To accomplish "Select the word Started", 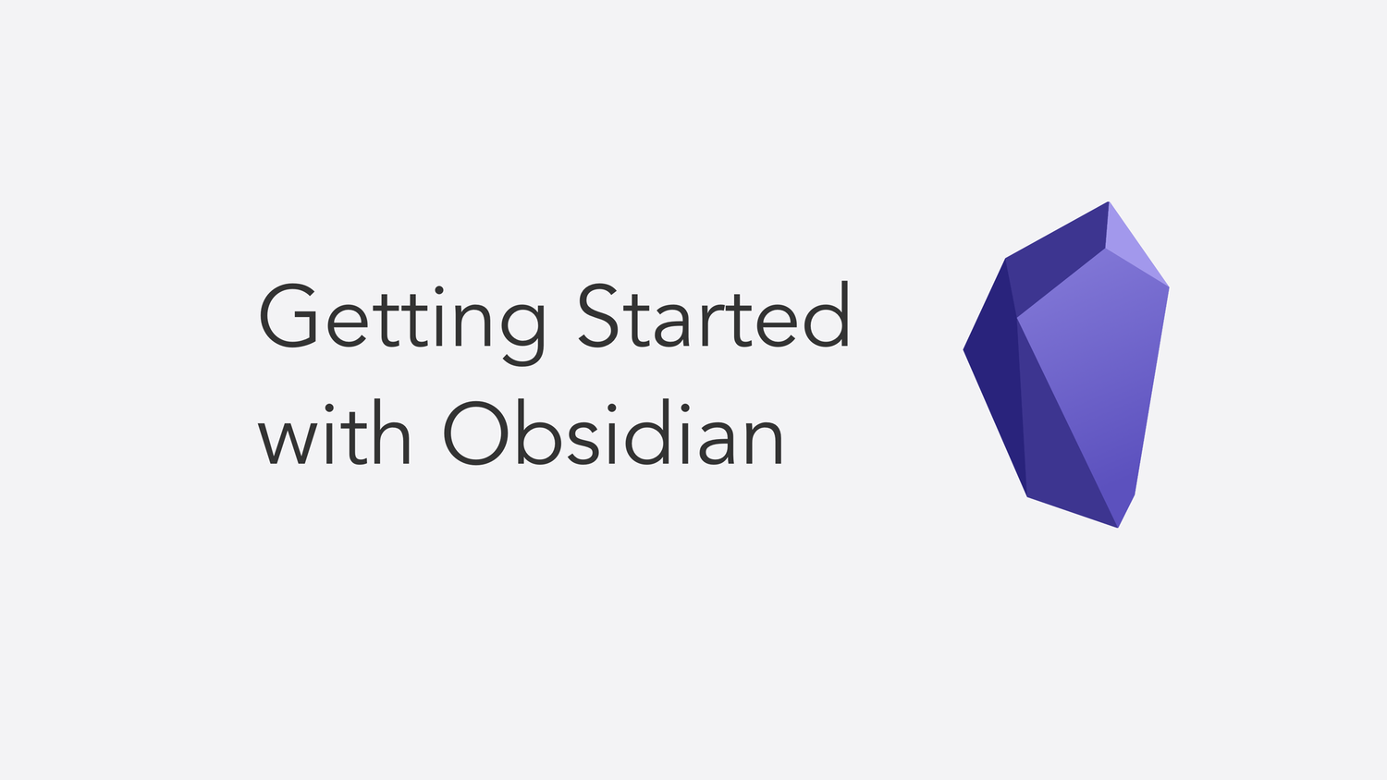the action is click(x=714, y=314).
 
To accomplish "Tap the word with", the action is click(x=335, y=433).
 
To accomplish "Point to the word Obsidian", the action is click(x=613, y=433).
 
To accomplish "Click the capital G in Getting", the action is click(x=289, y=316).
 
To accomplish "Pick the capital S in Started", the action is click(x=598, y=315).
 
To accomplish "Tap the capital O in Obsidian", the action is click(x=475, y=433).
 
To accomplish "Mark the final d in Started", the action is click(x=827, y=315).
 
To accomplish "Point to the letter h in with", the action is click(x=391, y=433).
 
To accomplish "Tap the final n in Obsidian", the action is click(x=766, y=442).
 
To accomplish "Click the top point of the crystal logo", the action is click(x=1108, y=201).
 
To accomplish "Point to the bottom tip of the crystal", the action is click(x=1118, y=528).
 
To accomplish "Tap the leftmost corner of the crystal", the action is click(x=964, y=350).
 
